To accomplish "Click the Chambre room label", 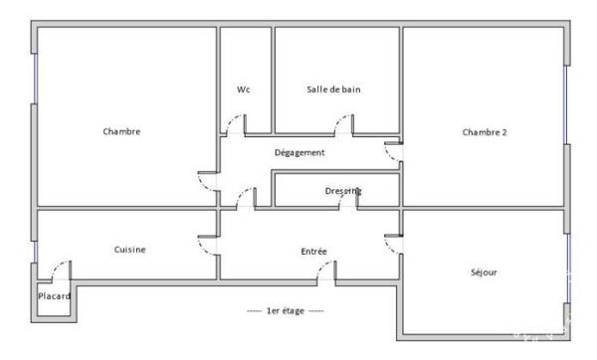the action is (x=121, y=131).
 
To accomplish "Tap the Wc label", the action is (x=244, y=90).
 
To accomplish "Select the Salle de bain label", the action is (x=333, y=90).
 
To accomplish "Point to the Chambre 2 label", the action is (x=485, y=132).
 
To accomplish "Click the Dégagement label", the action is (x=299, y=152).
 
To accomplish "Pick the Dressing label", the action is (x=343, y=191).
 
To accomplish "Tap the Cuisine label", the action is (x=129, y=250).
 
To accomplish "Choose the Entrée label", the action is (x=313, y=252).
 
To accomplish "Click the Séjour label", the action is (x=484, y=272).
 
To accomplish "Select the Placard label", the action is (x=54, y=296).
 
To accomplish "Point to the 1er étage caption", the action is (x=286, y=311).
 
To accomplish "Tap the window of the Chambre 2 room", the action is (x=566, y=104).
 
